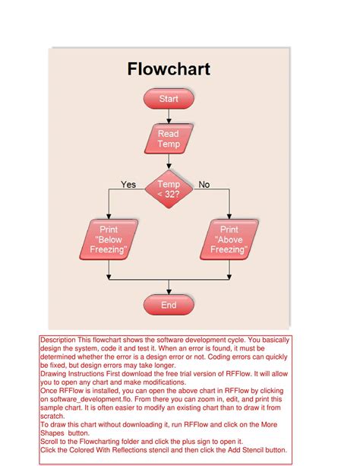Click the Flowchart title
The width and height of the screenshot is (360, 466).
169,71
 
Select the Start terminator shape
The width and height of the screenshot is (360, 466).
169,99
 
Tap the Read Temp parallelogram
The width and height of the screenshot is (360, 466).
168,139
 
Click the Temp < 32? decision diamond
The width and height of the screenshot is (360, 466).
169,190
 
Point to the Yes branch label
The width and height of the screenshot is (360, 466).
128,185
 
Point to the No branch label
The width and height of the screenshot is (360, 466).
204,185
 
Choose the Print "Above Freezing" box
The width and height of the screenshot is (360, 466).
229,239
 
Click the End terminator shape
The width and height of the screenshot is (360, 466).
169,306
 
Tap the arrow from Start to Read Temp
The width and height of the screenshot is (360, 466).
169,116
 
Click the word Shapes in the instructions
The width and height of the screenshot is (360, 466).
55,433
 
